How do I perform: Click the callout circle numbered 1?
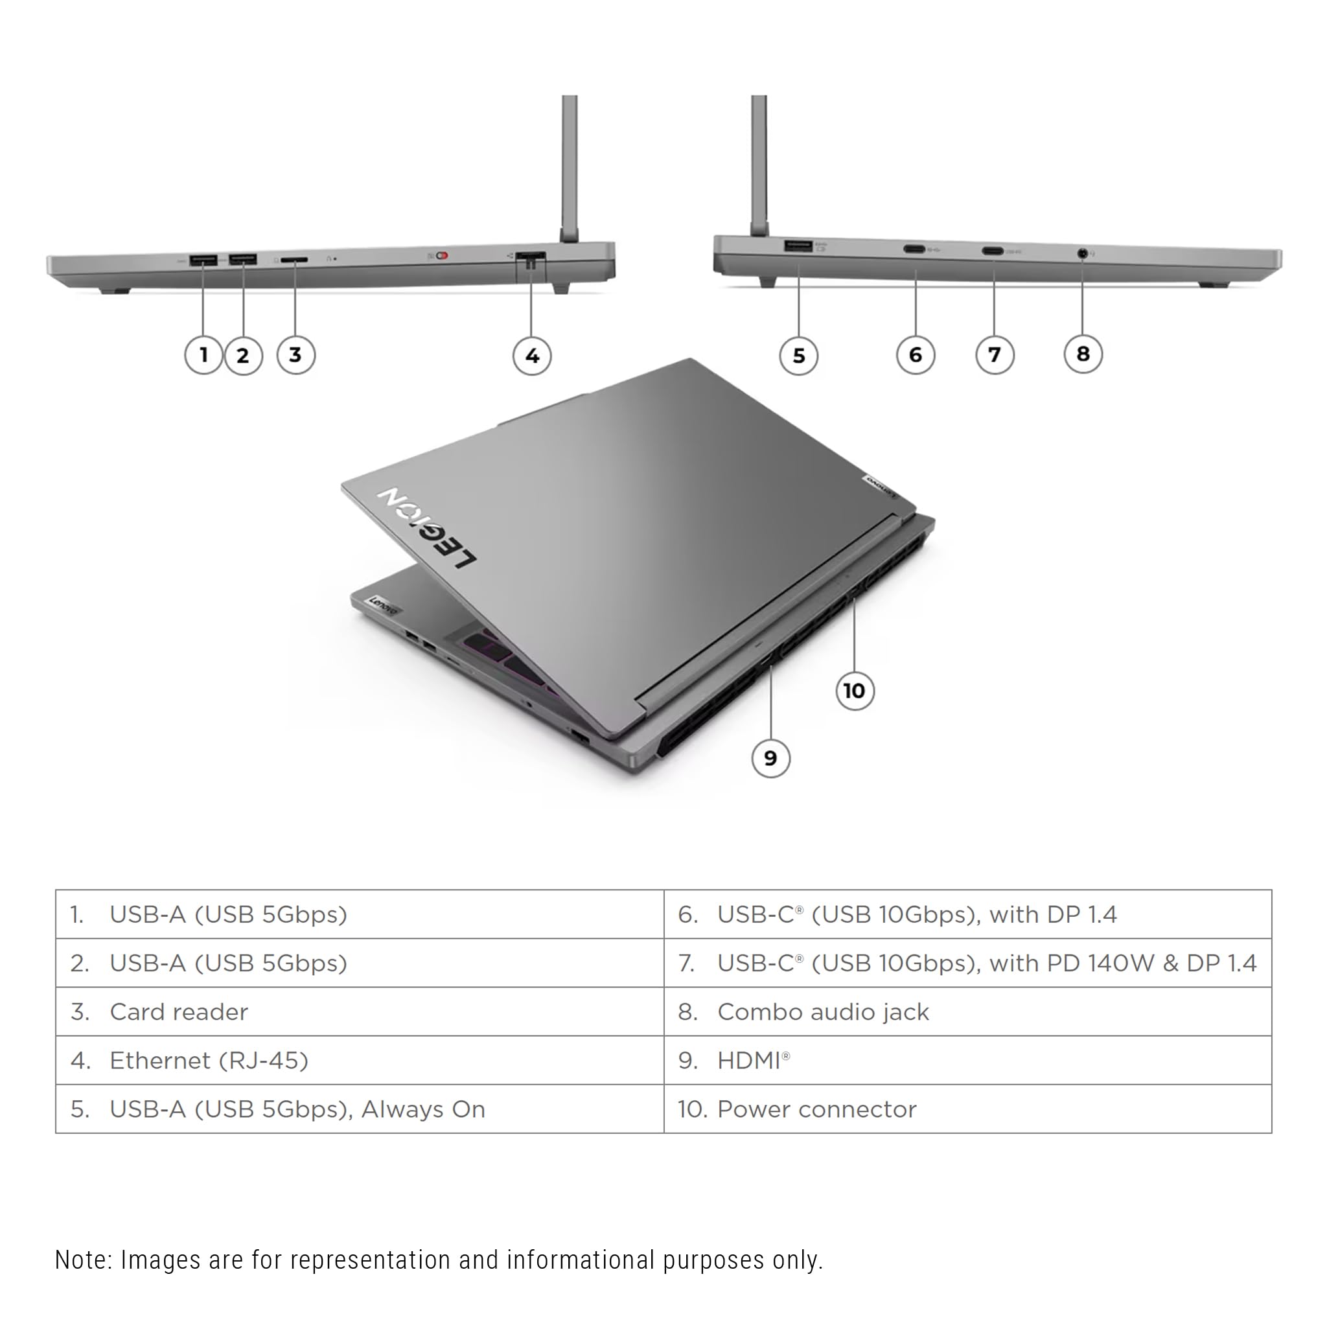(203, 355)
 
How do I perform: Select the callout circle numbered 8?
(1083, 354)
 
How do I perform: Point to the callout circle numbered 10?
(855, 690)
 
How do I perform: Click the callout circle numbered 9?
(770, 758)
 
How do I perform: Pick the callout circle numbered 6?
(915, 355)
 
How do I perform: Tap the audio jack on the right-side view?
(1083, 253)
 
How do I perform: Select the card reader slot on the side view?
(295, 260)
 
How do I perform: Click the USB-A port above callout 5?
(798, 246)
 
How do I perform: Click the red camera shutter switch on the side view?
(442, 256)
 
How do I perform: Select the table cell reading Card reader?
(359, 1011)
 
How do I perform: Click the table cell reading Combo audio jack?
(967, 1011)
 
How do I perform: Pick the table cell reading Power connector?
(967, 1109)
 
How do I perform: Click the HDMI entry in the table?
(967, 1061)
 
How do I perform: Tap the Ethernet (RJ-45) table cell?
(359, 1061)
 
